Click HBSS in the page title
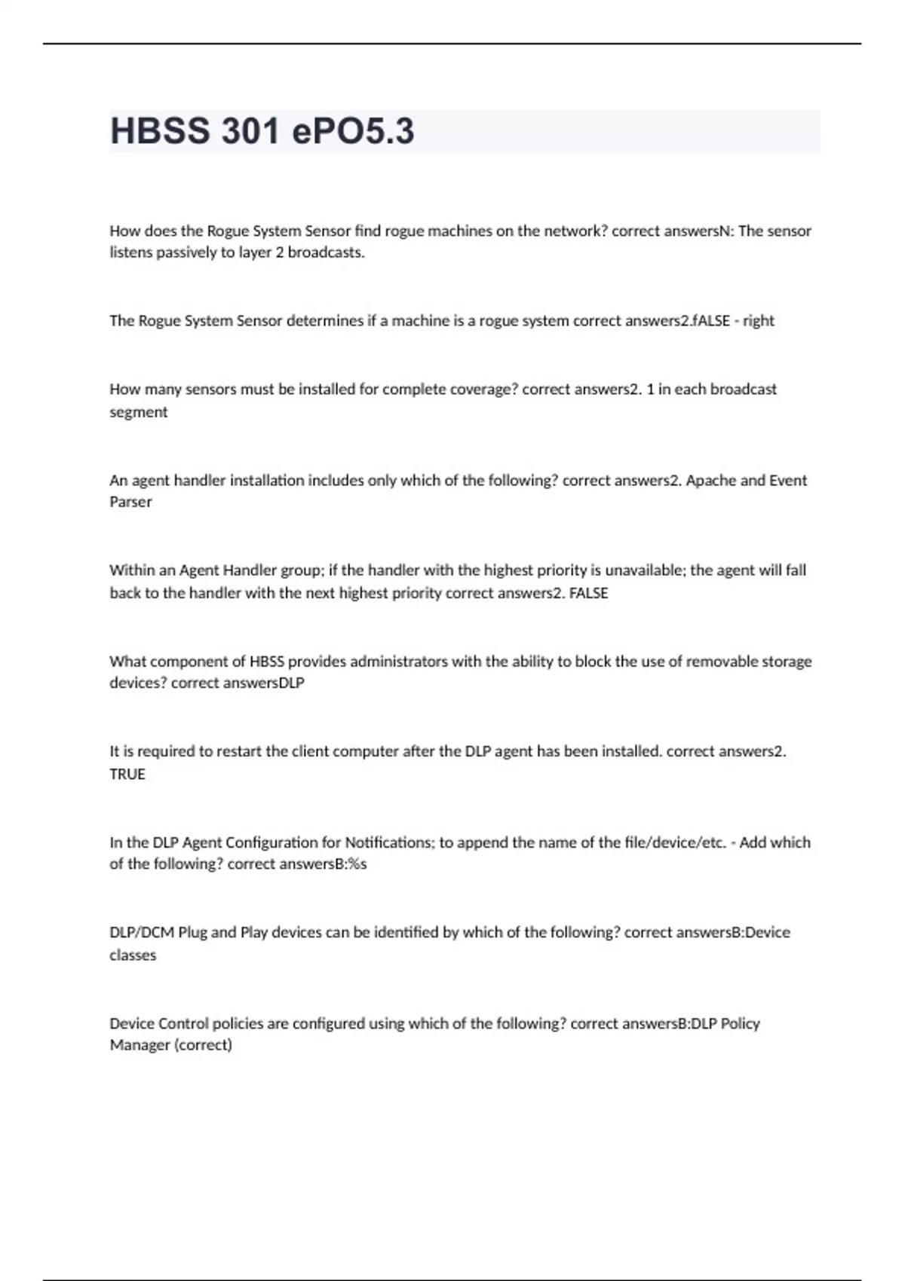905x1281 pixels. pyautogui.click(x=160, y=131)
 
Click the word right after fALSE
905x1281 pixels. pyautogui.click(x=759, y=321)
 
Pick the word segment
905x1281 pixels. pyautogui.click(x=139, y=412)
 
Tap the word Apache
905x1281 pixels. pyautogui.click(x=711, y=481)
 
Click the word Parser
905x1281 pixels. pyautogui.click(x=130, y=502)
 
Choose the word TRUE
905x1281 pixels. pyautogui.click(x=127, y=774)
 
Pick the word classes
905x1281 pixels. pyautogui.click(x=133, y=955)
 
